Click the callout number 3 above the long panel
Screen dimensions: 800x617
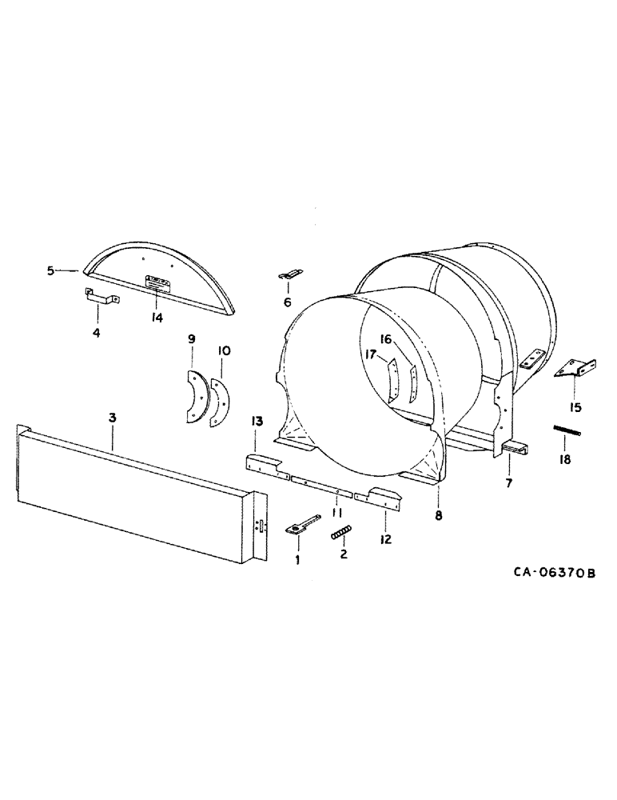pos(113,418)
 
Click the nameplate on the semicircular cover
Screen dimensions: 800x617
pos(154,282)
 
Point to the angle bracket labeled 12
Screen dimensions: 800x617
pos(381,497)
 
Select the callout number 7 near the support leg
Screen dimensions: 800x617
pos(508,482)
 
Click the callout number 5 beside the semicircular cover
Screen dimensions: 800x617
pos(50,270)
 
